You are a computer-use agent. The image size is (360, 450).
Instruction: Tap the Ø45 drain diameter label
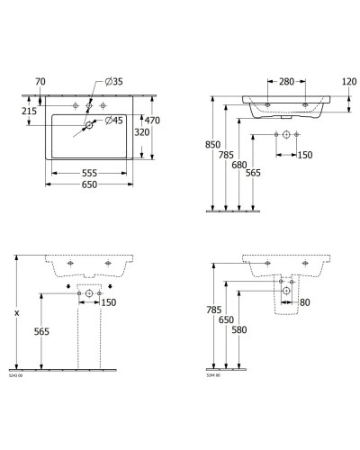pyautogui.click(x=112, y=121)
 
